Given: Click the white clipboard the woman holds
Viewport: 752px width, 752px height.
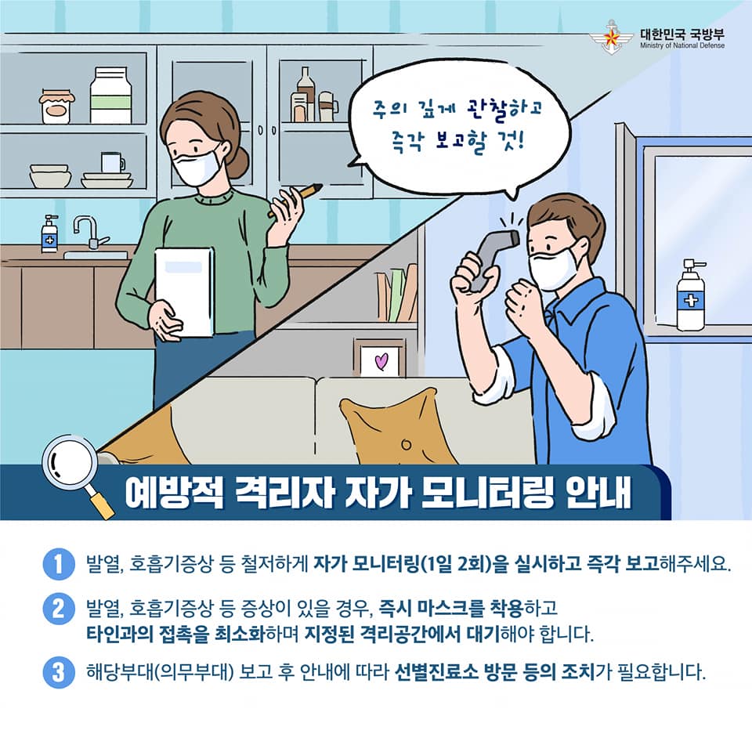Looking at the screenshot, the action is (184, 291).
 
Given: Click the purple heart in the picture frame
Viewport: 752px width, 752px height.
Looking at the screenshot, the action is (381, 361).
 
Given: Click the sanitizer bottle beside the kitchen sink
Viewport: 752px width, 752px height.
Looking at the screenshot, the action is (49, 233).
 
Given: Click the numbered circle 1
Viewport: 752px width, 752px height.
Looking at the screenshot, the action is (59, 564).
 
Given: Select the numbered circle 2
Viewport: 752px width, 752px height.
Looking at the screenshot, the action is (59, 609).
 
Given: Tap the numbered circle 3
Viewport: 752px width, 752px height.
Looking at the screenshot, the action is (59, 672).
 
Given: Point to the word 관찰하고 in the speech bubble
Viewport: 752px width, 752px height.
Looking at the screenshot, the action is (504, 110).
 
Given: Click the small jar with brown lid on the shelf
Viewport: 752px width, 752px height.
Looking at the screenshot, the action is (56, 107).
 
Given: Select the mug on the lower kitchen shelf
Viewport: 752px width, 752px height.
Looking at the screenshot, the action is (113, 162).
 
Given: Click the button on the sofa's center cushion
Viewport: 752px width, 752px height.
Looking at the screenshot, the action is (407, 444).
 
